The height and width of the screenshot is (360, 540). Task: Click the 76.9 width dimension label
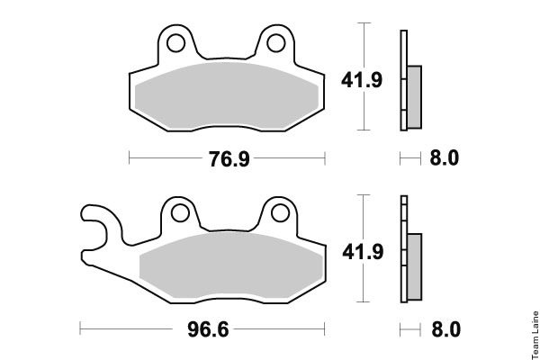coord(229,159)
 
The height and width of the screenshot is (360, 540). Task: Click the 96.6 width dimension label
coord(208,329)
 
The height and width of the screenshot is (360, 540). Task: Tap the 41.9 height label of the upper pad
coord(362,80)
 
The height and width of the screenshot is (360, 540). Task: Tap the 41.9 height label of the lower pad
coord(363,251)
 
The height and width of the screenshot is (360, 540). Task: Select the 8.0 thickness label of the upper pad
coord(445,158)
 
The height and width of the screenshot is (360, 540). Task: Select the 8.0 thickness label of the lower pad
coord(446,329)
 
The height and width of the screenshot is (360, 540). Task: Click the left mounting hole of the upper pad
coord(175,43)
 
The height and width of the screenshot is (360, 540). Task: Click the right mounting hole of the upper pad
coord(276,43)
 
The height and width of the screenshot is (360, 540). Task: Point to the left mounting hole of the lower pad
coord(180,213)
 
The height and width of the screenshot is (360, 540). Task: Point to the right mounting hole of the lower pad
coord(280,213)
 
